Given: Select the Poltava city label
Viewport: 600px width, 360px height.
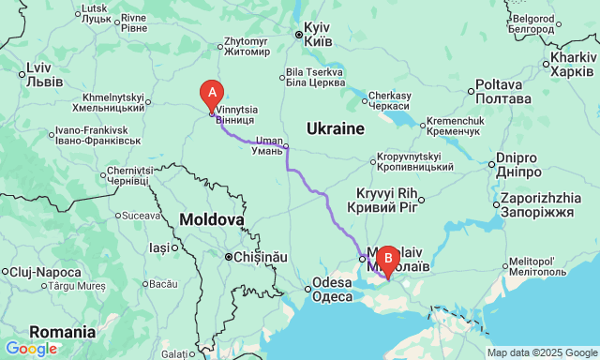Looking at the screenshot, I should click(504, 92).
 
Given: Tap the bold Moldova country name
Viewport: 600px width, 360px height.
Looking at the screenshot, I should click(212, 218).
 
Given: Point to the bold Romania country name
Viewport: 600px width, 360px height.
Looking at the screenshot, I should click(62, 332).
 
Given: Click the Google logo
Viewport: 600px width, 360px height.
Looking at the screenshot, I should click(30, 349).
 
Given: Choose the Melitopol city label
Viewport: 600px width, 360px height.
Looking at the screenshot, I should click(537, 267).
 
